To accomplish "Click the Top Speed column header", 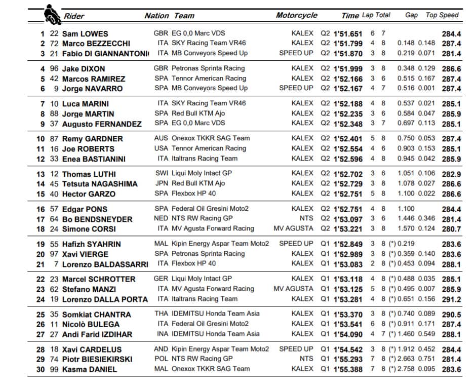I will [442, 15].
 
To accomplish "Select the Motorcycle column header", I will [297, 15].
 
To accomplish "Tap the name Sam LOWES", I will [85, 34].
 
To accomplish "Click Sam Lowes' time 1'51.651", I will [348, 34].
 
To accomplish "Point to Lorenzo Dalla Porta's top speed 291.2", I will [452, 299].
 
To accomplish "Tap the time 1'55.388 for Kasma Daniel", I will [348, 369].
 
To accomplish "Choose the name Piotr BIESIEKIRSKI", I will [97, 359].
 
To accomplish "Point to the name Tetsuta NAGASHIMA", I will [100, 184].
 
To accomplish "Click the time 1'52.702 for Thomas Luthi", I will [348, 174].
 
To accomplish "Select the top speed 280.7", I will [452, 229].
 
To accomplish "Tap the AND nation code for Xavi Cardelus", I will [161, 349].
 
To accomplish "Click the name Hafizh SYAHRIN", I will [91, 244].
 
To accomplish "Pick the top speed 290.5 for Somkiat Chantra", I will [452, 315].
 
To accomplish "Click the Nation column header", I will [156, 16].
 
